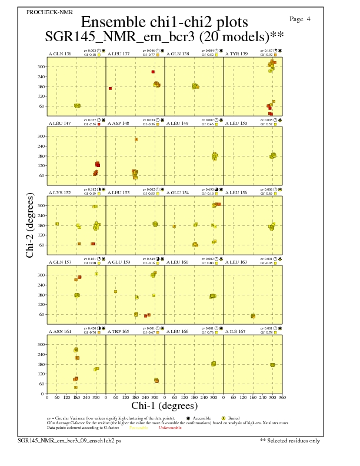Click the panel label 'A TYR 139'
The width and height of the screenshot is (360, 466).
236,54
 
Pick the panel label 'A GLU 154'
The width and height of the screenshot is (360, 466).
178,192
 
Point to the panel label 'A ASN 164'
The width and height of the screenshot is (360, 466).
60,331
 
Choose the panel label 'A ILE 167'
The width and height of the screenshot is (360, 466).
236,331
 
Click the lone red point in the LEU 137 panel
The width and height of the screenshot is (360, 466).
110,88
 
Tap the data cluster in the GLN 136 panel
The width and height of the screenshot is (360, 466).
77,105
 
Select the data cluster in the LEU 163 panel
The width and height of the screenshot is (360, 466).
253,316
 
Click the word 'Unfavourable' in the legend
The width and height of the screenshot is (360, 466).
170,428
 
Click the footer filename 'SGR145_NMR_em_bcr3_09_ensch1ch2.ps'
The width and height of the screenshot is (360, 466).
59,440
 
